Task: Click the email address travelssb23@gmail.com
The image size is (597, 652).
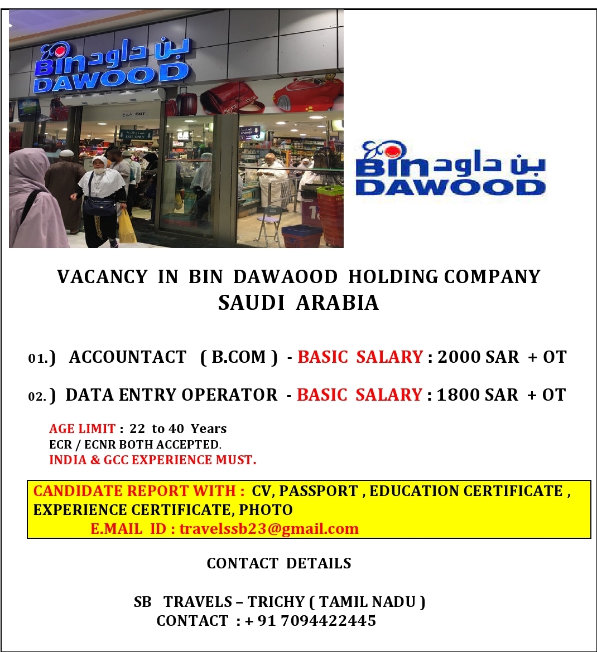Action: (x=269, y=529)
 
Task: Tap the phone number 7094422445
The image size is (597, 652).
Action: (x=329, y=621)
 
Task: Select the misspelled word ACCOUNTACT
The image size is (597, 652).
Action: (x=128, y=357)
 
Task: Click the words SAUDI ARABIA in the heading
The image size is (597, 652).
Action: (x=298, y=303)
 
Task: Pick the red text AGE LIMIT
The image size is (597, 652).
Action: (x=82, y=429)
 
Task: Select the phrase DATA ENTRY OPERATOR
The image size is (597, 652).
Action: (x=171, y=395)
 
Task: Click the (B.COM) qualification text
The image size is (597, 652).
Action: (x=239, y=357)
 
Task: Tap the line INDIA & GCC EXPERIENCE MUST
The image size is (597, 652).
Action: (x=152, y=460)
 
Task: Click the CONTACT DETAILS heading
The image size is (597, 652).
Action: (x=279, y=564)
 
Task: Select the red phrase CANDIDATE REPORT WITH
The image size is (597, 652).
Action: (x=139, y=491)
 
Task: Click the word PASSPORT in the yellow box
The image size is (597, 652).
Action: (x=318, y=491)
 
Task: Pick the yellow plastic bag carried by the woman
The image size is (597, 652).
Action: (x=127, y=227)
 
